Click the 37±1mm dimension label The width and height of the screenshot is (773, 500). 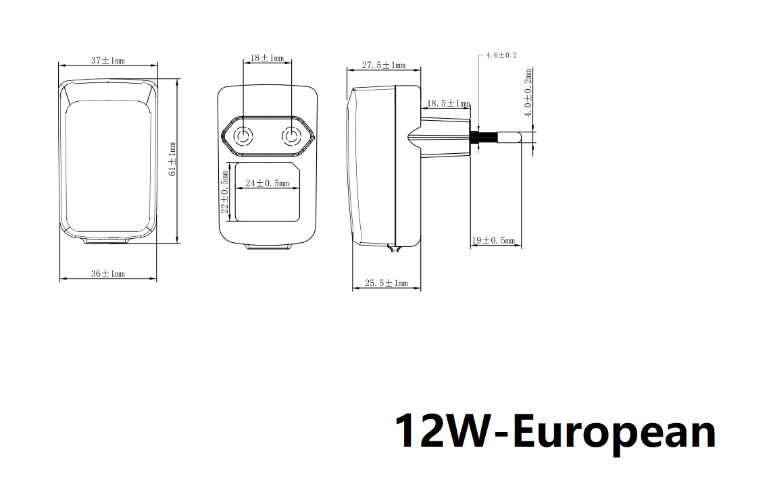tap(108, 61)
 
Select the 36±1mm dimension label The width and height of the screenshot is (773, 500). tap(108, 273)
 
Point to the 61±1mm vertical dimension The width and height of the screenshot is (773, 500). tap(172, 159)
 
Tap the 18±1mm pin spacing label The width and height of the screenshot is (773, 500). tap(267, 58)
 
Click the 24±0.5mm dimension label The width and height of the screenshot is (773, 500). tap(267, 183)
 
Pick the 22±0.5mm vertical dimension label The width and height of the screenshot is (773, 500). tap(225, 192)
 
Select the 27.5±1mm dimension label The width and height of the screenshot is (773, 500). tap(384, 65)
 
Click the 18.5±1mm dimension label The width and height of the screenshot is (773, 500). tap(448, 103)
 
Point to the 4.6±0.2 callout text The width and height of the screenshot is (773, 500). tap(501, 55)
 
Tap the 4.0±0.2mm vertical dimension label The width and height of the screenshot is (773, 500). tap(528, 93)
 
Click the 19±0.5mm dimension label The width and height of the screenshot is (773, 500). tap(493, 241)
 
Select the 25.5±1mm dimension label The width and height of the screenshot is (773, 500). tap(386, 283)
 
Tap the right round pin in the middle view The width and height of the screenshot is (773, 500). tap(291, 136)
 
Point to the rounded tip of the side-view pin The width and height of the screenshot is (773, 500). tap(518, 137)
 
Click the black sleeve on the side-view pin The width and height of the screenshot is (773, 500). tap(475, 137)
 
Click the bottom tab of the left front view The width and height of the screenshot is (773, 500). tap(107, 241)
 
